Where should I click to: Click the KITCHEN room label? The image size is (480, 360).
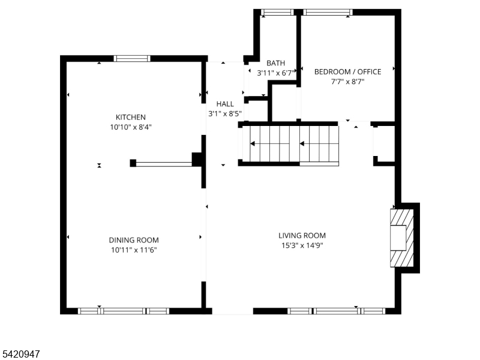131,117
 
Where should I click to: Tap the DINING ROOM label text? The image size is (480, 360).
134,241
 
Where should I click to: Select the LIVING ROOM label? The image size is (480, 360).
302,236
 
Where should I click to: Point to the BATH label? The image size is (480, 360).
275,63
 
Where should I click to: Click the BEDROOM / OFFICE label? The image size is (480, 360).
348,72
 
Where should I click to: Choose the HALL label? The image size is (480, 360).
225,104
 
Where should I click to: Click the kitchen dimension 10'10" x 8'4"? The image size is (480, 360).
131,127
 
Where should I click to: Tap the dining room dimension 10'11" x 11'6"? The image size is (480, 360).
134,250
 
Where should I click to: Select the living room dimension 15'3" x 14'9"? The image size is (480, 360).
302,245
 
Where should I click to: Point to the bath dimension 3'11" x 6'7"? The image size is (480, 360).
276,73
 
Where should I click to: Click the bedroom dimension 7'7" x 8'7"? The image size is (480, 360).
348,82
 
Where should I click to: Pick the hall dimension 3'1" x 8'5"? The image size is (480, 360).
225,114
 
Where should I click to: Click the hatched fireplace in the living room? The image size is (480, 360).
401,238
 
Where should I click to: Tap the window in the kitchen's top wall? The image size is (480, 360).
132,58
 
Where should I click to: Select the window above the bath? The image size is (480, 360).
277,12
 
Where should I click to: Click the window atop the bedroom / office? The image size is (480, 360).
328,12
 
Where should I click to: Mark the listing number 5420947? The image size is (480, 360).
20,354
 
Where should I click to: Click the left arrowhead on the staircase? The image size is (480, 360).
253,143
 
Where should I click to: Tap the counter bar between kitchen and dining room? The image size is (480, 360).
164,164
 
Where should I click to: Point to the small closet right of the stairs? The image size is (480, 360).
384,144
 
